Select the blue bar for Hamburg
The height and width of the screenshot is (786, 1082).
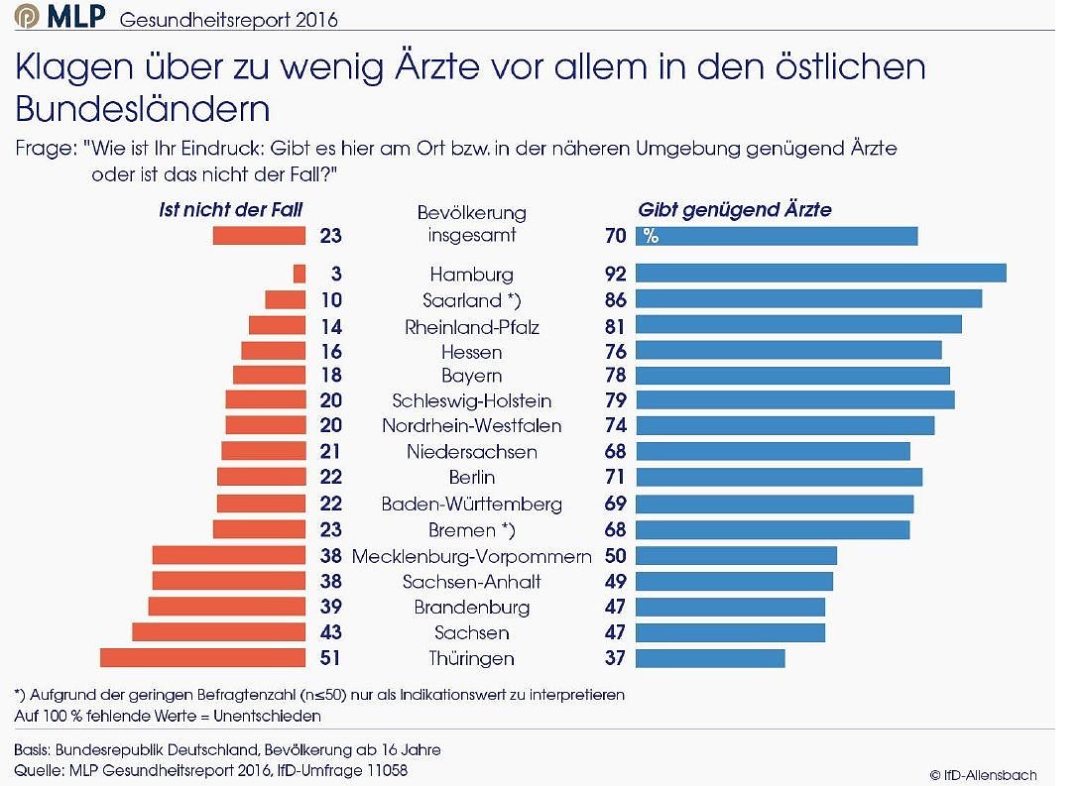pos(820,274)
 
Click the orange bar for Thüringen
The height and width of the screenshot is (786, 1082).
pos(202,658)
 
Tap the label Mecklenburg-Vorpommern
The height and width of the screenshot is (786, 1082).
pos(471,555)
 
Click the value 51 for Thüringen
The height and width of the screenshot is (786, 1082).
pos(330,658)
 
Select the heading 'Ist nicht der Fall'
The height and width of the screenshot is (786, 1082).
pos(231,209)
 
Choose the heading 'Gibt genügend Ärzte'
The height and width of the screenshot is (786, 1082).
pos(735,209)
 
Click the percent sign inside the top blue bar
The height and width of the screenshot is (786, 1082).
pos(651,236)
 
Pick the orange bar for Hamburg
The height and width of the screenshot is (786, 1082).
pos(300,274)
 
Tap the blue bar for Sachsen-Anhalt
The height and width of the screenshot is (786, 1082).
pos(734,581)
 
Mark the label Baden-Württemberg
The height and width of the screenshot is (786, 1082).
pos(471,504)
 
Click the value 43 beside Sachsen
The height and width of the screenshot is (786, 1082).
pos(330,632)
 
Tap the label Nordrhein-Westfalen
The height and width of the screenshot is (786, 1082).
pos(471,426)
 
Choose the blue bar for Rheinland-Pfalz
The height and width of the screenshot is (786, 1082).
pos(798,325)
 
